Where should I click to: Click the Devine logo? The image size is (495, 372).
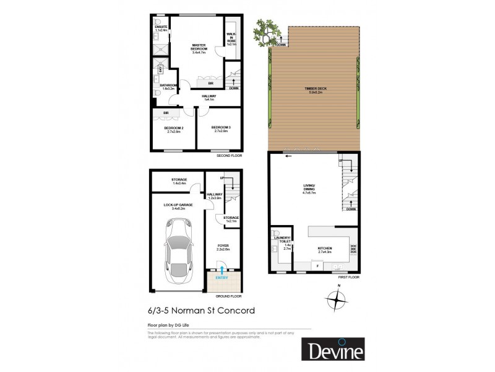(x=333, y=349)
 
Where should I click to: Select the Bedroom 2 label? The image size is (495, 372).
(x=165, y=129)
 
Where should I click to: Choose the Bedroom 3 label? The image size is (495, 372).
(x=221, y=129)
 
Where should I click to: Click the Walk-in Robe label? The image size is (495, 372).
(x=231, y=38)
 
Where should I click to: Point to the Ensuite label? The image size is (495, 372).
(x=161, y=27)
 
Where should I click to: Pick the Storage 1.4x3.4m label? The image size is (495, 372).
(x=179, y=182)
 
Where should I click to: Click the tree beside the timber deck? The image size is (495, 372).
(x=270, y=30)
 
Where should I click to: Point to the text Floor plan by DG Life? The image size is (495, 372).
(x=158, y=324)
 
